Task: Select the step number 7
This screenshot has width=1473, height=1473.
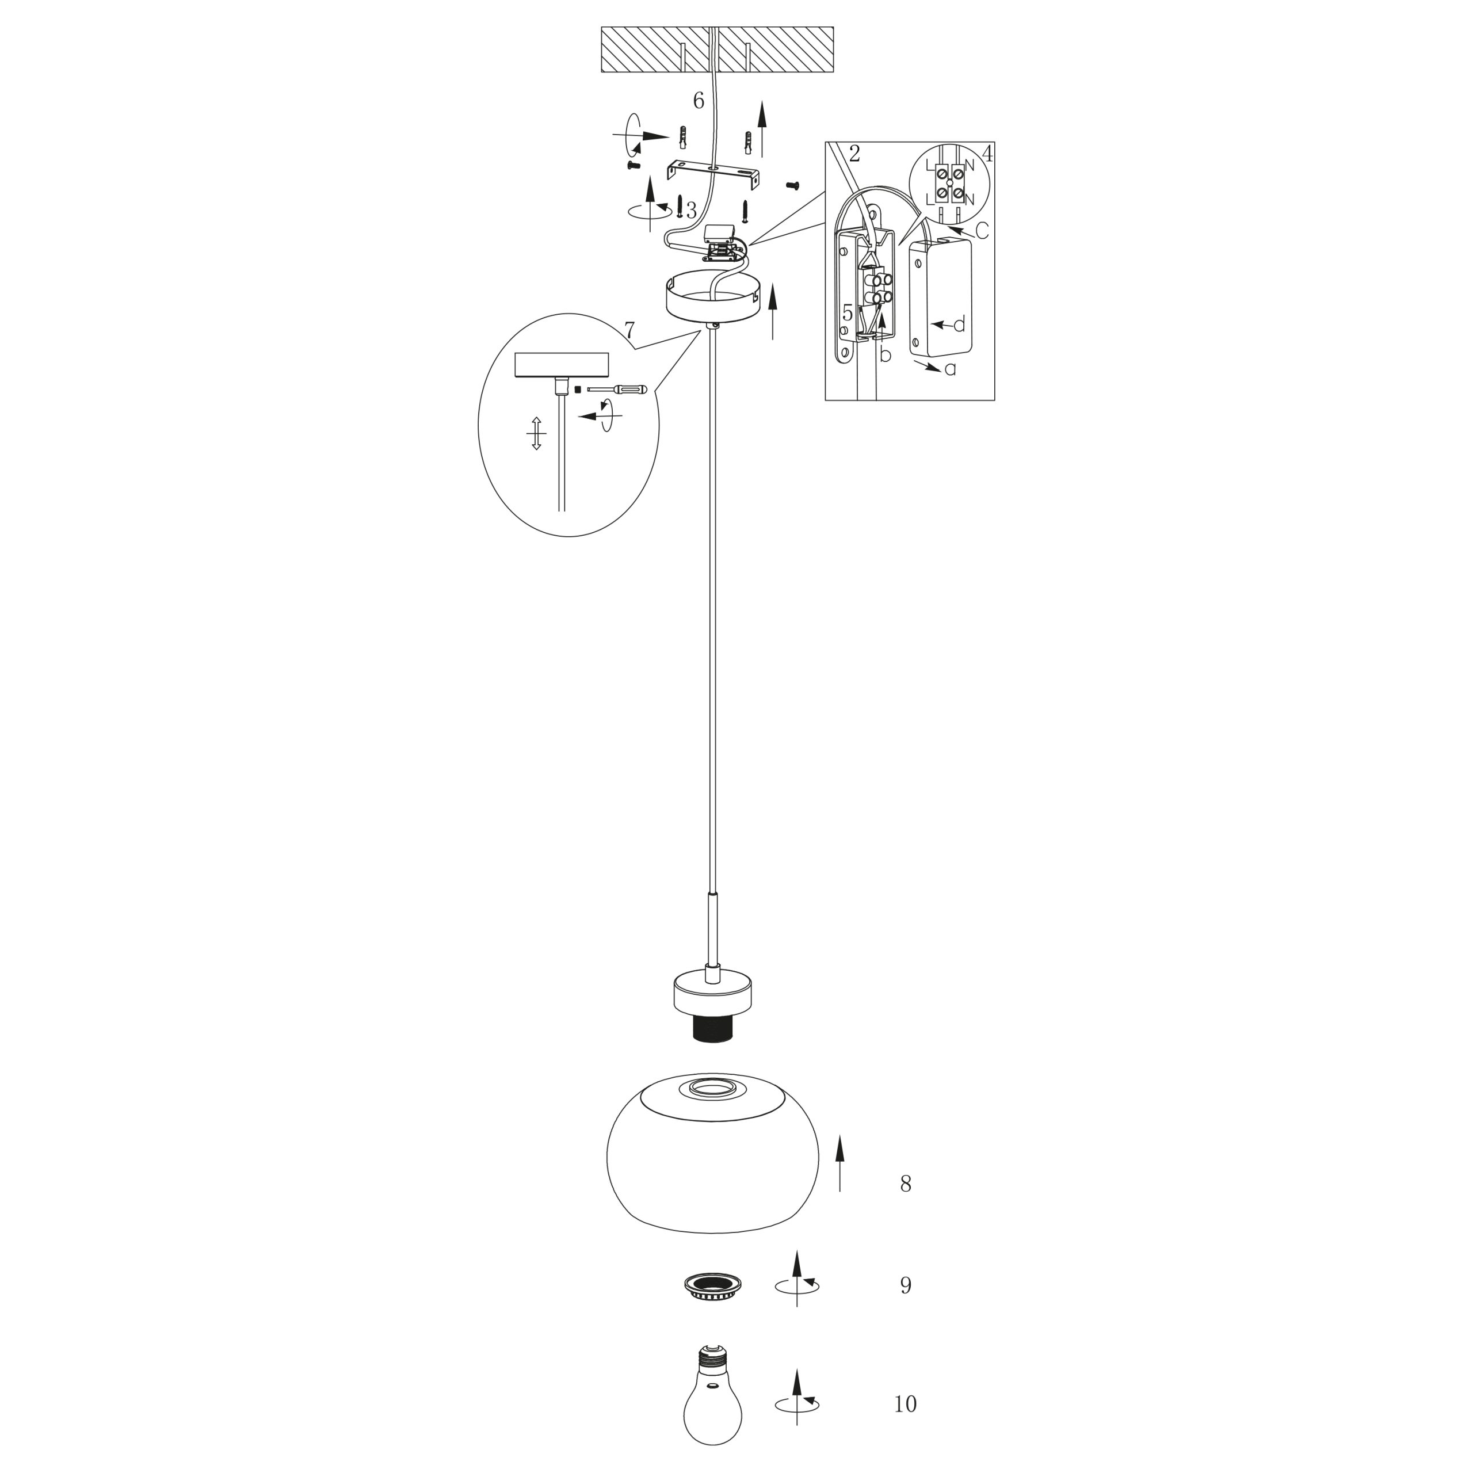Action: pos(629,331)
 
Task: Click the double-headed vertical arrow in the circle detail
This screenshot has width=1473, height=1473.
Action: pos(536,433)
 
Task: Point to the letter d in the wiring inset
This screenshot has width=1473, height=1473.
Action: pos(959,325)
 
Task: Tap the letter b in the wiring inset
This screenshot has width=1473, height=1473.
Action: pos(884,354)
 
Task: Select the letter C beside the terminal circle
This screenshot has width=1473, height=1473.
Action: pos(982,230)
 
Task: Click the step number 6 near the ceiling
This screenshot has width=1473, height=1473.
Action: pos(699,101)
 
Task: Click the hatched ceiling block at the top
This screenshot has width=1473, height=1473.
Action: pos(717,49)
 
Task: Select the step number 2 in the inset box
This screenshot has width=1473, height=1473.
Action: pos(854,154)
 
